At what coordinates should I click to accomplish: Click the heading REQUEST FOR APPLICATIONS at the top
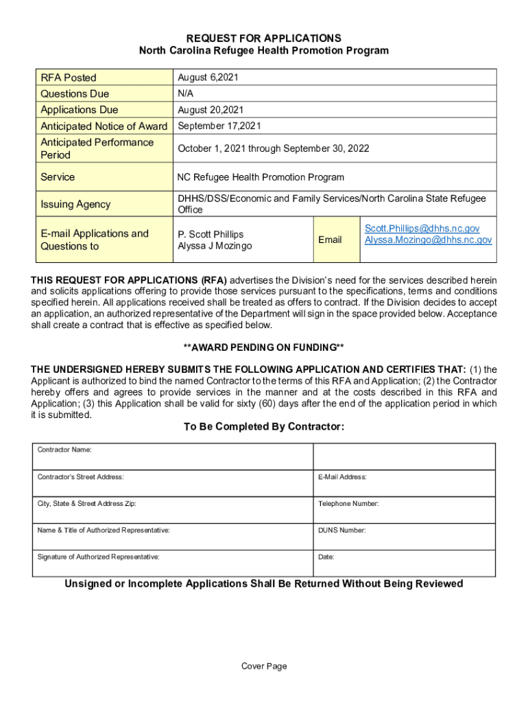264,38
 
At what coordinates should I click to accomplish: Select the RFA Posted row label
69,78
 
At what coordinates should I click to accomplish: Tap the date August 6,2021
206,78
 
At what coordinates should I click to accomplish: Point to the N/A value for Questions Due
185,93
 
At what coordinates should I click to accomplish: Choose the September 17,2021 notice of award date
219,126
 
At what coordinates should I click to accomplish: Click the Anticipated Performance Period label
97,148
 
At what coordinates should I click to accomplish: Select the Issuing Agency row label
75,204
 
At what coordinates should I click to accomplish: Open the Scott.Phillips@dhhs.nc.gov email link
422,228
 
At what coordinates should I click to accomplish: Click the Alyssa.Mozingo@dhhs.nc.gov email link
428,240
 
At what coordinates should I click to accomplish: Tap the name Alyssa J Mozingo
215,246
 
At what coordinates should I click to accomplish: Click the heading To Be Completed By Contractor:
264,427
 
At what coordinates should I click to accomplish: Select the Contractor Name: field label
64,450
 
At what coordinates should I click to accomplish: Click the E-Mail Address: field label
342,477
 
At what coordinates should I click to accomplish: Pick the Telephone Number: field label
348,504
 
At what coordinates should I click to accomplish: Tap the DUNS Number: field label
341,531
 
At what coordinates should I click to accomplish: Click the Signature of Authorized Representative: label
98,557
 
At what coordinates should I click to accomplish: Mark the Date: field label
326,557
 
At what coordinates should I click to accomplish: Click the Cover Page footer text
264,666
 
